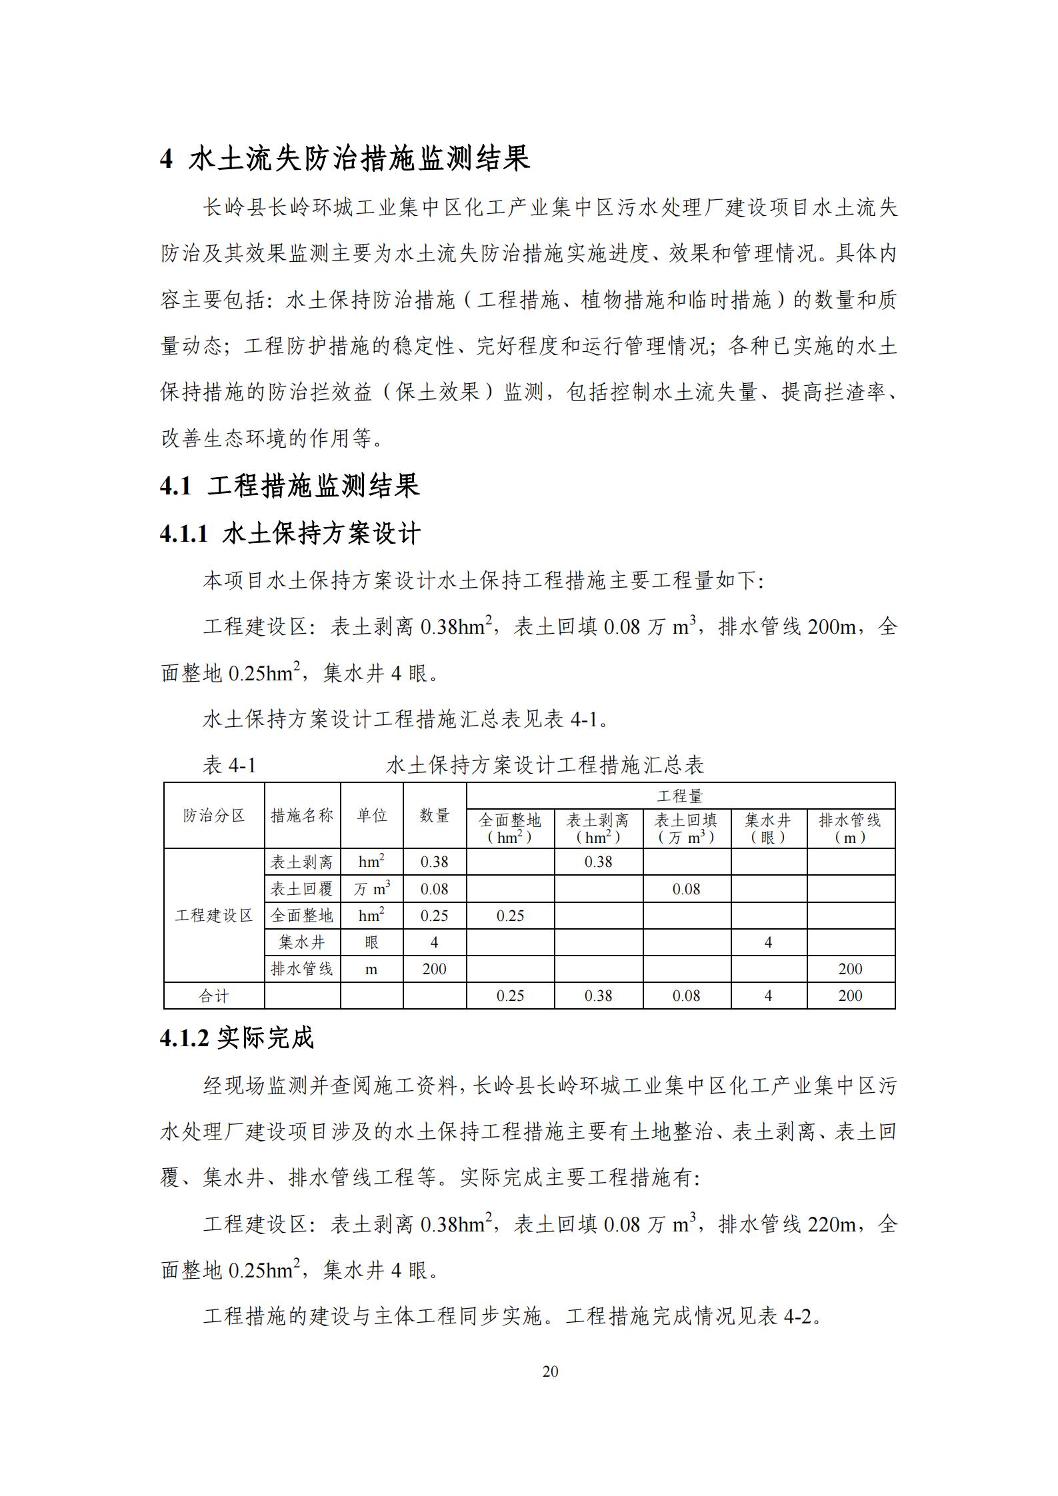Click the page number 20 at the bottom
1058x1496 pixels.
pos(550,1371)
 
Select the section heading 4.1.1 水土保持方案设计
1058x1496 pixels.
pos(290,534)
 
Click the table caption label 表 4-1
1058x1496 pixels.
pos(229,766)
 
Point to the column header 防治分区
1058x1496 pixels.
pos(214,815)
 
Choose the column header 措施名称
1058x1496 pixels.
pos(302,815)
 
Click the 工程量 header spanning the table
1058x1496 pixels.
pos(680,796)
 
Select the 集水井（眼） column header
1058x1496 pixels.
pos(768,828)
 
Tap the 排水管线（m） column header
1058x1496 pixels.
pos(850,828)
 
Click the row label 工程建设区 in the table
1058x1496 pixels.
pos(214,916)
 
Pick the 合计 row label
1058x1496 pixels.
pos(214,996)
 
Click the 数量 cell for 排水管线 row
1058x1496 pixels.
pos(434,969)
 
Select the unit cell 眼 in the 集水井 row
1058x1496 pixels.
pos(371,942)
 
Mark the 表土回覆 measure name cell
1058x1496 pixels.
pos(302,889)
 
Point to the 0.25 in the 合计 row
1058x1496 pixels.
pos(510,996)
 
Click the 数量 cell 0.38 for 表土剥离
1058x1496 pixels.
pos(434,862)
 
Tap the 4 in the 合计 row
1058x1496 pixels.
pos(768,996)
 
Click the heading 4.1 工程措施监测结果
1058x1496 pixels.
pos(290,486)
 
